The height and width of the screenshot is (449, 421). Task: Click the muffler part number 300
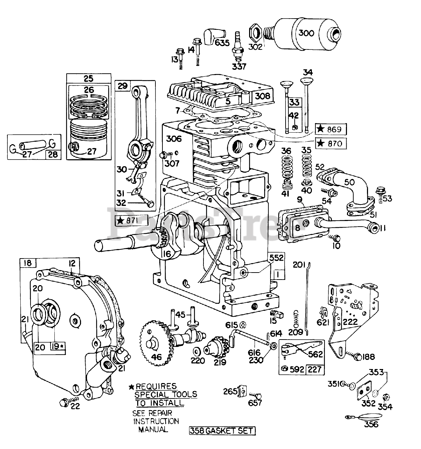point(306,33)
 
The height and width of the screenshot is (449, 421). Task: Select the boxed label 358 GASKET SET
point(222,431)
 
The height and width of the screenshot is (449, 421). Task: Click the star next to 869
point(320,129)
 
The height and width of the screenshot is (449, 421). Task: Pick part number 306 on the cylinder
point(174,139)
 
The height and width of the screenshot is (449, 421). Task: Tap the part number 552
point(276,258)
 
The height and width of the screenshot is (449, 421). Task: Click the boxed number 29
point(122,86)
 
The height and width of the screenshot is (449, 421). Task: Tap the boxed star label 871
point(132,220)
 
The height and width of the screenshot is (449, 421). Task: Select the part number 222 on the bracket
point(350,321)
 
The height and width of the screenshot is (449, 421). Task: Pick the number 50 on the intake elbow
point(349,182)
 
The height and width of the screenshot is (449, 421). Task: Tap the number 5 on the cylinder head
point(228,101)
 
